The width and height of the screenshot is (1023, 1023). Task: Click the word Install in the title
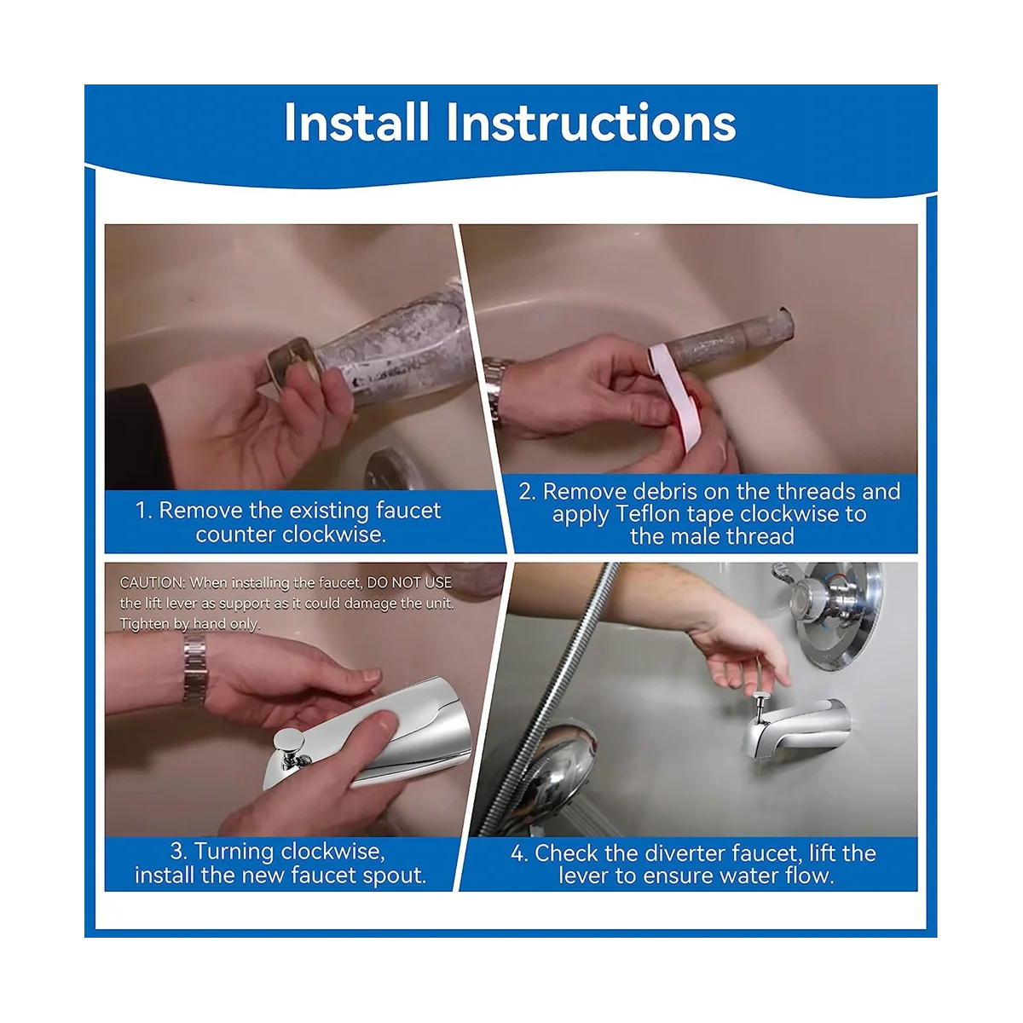point(356,122)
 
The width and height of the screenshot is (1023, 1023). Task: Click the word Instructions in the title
point(591,122)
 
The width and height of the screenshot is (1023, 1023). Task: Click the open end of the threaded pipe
point(785,323)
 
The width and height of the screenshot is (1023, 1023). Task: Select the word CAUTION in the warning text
point(153,583)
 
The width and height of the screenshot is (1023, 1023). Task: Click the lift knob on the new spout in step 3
point(289,739)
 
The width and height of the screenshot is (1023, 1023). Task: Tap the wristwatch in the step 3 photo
point(195,671)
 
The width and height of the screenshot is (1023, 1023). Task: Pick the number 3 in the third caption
point(178,851)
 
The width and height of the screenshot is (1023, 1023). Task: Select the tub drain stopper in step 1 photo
point(394,470)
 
